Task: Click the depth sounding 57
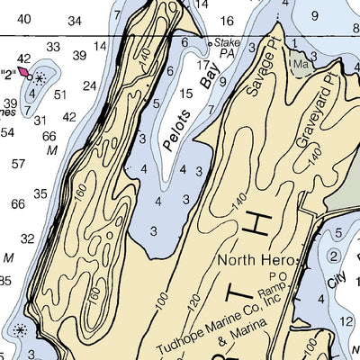[18, 164]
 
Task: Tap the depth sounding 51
[60, 94]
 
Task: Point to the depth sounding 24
[89, 86]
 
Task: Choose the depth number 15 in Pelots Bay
[186, 94]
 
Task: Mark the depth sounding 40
[24, 19]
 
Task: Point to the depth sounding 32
[28, 238]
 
